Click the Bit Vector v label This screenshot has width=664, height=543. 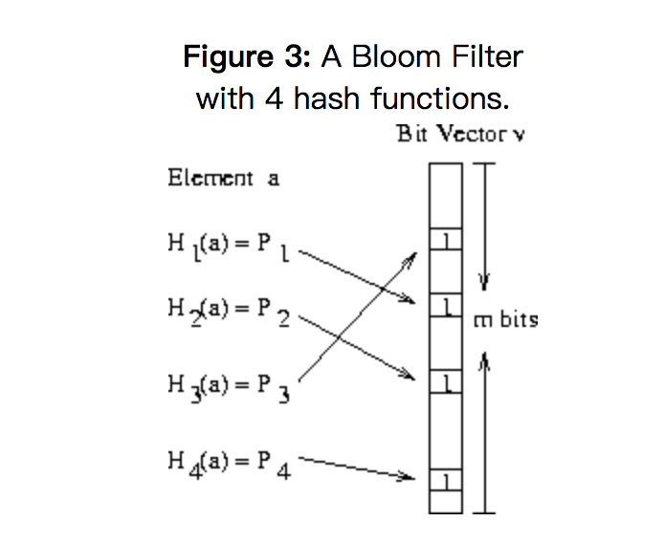(460, 134)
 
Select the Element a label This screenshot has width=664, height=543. (223, 178)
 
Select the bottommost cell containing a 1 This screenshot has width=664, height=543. (445, 478)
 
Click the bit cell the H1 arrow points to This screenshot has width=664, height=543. (445, 306)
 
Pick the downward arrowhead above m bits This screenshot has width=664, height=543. (484, 282)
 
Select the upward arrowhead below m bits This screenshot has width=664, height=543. (484, 359)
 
